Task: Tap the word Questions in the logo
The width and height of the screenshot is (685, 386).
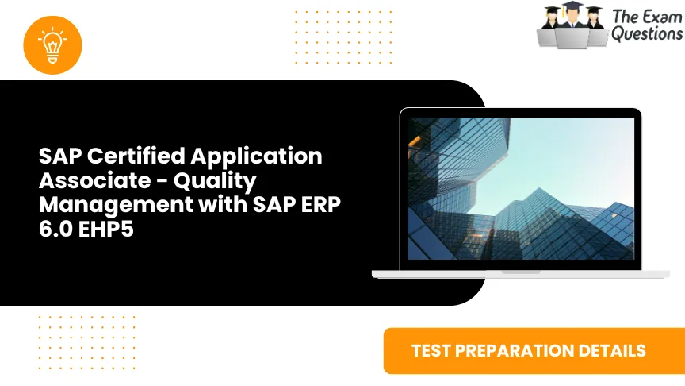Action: point(646,34)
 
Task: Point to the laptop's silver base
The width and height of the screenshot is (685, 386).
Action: point(520,273)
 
